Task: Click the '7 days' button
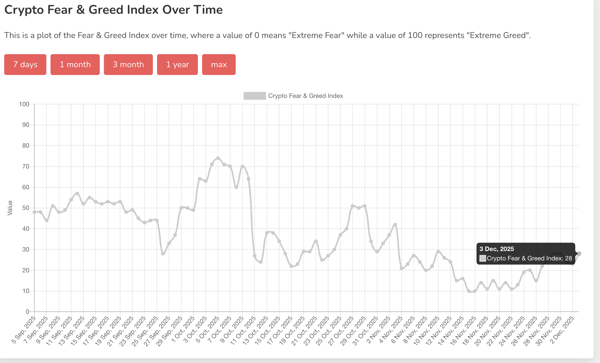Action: pyautogui.click(x=25, y=65)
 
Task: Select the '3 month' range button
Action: pyautogui.click(x=128, y=65)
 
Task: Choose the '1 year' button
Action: pyautogui.click(x=177, y=65)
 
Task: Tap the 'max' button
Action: pyautogui.click(x=219, y=65)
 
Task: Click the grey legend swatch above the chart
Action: pyautogui.click(x=254, y=96)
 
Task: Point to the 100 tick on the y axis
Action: pyautogui.click(x=24, y=104)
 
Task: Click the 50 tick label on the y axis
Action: pyautogui.click(x=26, y=208)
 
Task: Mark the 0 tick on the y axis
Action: pyautogui.click(x=27, y=312)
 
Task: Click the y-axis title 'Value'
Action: pyautogui.click(x=10, y=208)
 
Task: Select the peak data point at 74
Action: pyautogui.click(x=218, y=158)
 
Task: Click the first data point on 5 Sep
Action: pyautogui.click(x=34, y=212)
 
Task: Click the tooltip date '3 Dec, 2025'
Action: pyautogui.click(x=497, y=249)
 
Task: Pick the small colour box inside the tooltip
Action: pyautogui.click(x=483, y=258)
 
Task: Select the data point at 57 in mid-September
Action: pyautogui.click(x=77, y=193)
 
